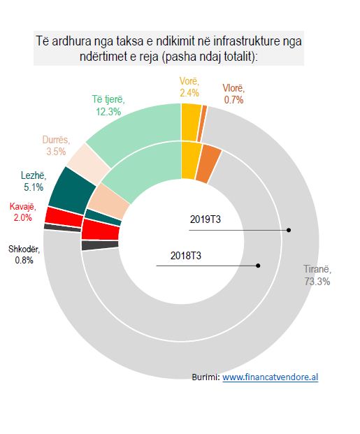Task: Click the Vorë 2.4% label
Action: tap(189, 87)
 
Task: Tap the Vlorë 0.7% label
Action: tap(233, 94)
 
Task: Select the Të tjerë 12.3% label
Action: tap(108, 106)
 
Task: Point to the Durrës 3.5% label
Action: tap(56, 145)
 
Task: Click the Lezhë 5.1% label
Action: tap(34, 181)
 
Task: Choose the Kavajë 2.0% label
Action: tap(22, 212)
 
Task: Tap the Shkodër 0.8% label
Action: tap(24, 254)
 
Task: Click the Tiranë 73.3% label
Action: tap(317, 275)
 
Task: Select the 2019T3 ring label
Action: tap(206, 219)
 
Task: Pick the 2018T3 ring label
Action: tap(186, 256)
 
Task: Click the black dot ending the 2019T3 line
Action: tap(289, 230)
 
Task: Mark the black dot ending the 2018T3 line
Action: tap(258, 266)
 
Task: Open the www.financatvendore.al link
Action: tap(270, 377)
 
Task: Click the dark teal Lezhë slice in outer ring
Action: tap(71, 190)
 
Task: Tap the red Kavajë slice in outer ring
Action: tap(64, 217)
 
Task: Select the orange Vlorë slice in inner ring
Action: tap(209, 164)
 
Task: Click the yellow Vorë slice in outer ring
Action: tap(191, 122)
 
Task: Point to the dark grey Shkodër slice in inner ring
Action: tap(100, 245)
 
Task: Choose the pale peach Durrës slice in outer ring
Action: tap(88, 164)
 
